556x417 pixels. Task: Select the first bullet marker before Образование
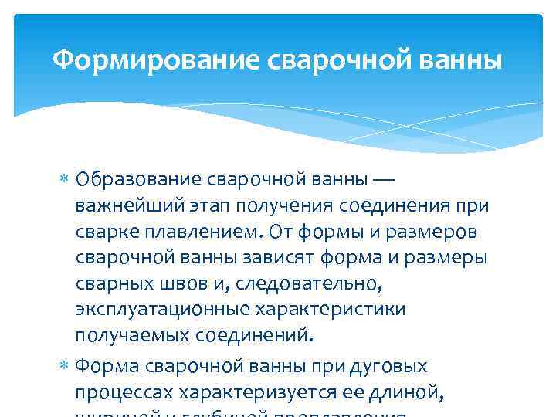point(65,180)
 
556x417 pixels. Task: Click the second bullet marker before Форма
point(65,365)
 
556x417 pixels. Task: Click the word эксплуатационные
point(151,311)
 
